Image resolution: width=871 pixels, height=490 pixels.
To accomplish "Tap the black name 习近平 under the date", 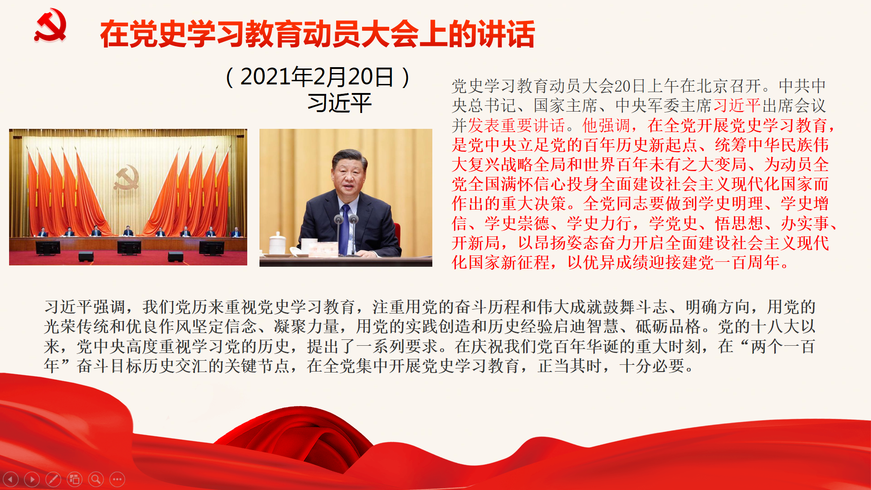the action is (x=339, y=103).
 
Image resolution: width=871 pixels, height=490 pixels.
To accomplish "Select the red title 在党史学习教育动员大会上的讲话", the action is (x=317, y=34).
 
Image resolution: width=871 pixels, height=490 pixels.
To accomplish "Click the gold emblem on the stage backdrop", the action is (x=126, y=178).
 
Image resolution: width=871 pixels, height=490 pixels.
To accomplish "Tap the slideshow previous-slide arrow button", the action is (x=10, y=479).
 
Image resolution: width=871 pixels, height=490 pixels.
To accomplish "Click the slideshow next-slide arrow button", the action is (x=32, y=479).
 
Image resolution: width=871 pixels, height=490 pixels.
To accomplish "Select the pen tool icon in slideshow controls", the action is (x=53, y=479).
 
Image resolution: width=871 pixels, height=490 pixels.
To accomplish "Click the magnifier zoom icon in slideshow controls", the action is (x=96, y=479).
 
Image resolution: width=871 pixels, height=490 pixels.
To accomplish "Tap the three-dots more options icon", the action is (x=117, y=479).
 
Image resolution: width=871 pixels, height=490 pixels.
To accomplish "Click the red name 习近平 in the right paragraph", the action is (x=737, y=106).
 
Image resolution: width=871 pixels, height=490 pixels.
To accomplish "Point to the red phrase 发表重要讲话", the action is (x=516, y=125).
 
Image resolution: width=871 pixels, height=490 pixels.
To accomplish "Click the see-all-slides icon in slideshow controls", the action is (x=74, y=479).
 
